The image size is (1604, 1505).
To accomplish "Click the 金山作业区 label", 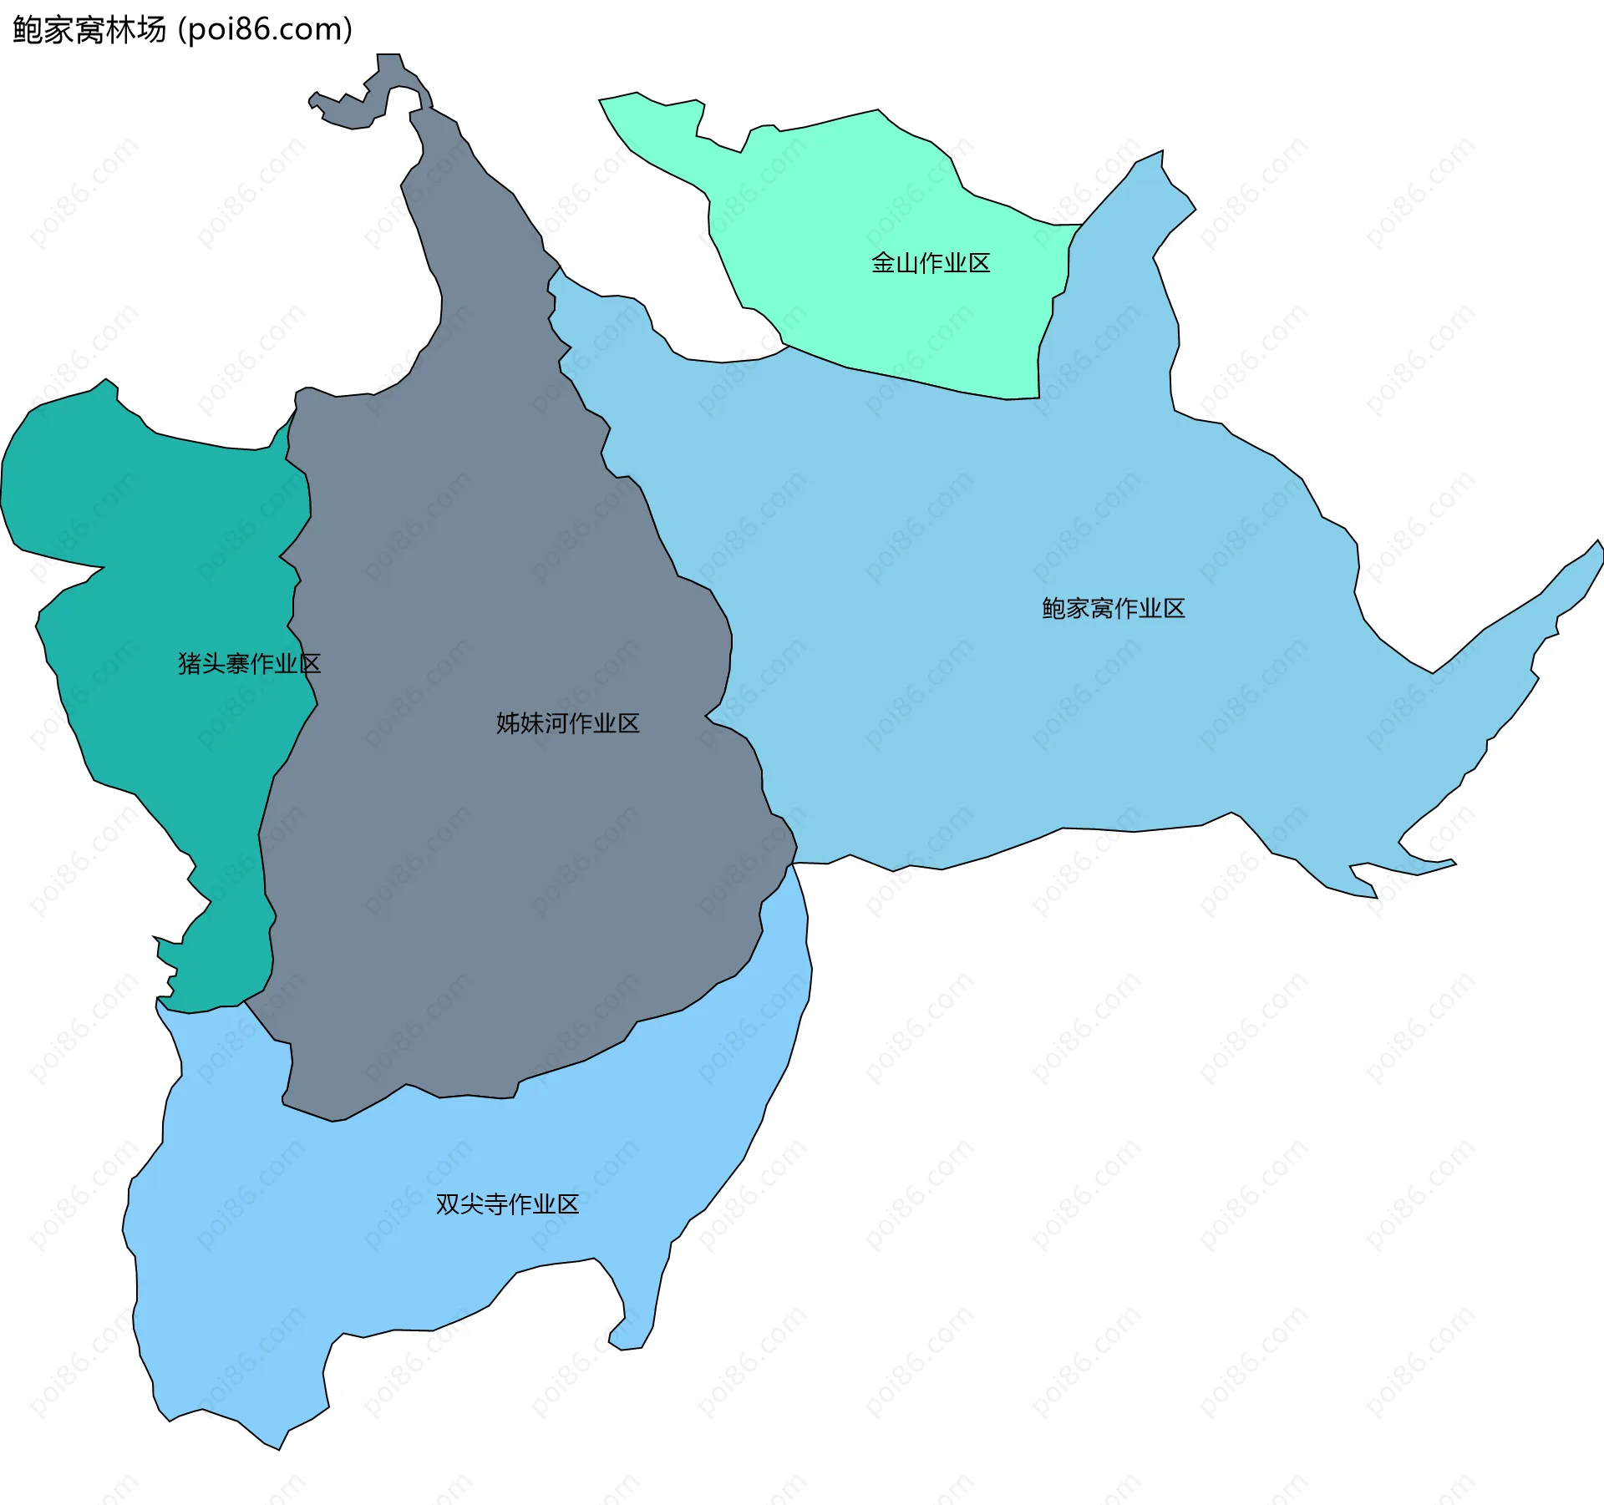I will [x=930, y=263].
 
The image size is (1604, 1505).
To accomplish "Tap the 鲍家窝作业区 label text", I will [x=1113, y=608].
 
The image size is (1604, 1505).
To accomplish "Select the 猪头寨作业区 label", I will [x=249, y=664].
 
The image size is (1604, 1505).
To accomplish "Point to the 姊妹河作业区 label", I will [x=567, y=723].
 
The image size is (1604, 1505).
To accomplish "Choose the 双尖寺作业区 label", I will [x=507, y=1204].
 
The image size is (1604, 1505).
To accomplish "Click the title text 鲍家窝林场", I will [x=89, y=30].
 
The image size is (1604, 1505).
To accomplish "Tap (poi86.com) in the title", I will [x=265, y=30].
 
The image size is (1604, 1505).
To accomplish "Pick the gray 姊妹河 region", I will [x=501, y=877].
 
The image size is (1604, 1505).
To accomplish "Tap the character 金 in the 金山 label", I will [x=882, y=263].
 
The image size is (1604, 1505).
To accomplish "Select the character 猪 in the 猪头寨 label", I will [x=190, y=664].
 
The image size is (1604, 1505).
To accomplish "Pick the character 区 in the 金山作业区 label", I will [x=978, y=263].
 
